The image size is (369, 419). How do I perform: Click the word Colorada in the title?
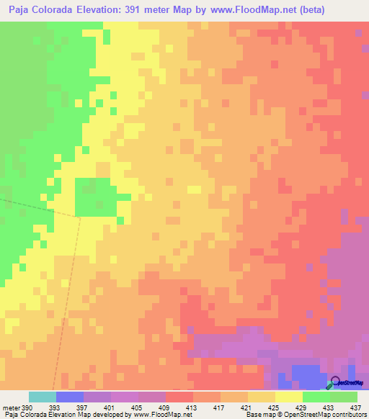coord(58,10)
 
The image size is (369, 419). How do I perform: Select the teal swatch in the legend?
coord(42,397)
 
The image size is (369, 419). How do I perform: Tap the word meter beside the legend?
coord(10,407)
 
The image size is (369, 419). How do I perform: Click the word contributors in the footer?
coord(348,415)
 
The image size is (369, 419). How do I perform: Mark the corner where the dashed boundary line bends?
coord(79,215)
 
